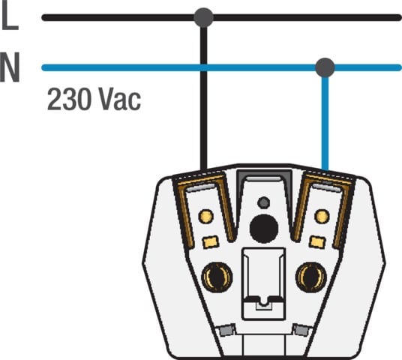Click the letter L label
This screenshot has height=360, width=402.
click(x=10, y=16)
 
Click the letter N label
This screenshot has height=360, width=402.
click(x=10, y=67)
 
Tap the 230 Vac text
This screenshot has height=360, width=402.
click(x=94, y=99)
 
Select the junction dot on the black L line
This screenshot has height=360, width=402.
click(x=203, y=17)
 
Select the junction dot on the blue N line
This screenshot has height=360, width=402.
click(x=325, y=67)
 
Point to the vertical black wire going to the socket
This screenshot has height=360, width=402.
click(x=203, y=98)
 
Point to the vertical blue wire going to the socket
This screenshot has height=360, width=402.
click(x=325, y=123)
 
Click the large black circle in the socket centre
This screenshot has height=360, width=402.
click(x=264, y=229)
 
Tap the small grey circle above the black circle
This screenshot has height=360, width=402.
click(x=263, y=202)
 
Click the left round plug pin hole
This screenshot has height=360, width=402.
click(x=217, y=277)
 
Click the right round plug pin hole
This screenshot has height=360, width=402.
click(x=311, y=277)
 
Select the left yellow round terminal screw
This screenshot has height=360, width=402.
click(x=205, y=217)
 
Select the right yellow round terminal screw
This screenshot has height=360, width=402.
click(x=322, y=217)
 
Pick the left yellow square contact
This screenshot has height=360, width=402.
click(x=211, y=242)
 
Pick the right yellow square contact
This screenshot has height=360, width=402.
click(x=317, y=242)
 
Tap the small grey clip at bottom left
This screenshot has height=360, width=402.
click(x=227, y=330)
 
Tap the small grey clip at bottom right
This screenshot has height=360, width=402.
click(x=301, y=330)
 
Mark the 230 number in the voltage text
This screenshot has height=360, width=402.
click(x=69, y=99)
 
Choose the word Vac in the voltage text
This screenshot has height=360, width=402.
click(x=120, y=99)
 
